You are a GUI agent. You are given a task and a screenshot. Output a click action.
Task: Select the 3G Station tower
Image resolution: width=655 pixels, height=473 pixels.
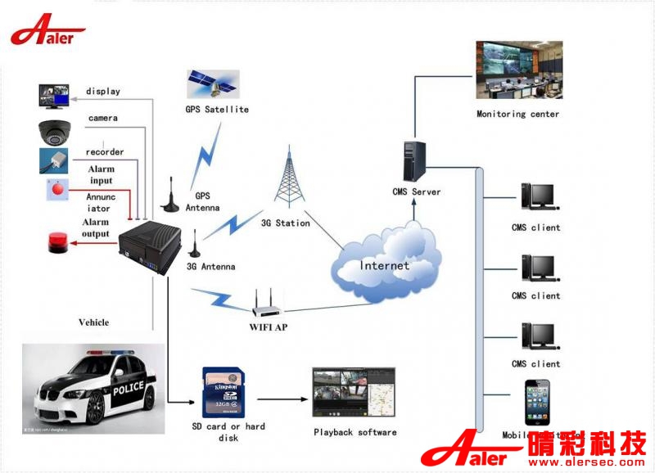coord(287,179)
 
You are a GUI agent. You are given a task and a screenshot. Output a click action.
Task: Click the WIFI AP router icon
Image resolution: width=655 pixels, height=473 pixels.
coord(268,304)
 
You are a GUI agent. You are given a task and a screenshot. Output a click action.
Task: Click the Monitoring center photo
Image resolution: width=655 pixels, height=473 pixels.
coord(518,70)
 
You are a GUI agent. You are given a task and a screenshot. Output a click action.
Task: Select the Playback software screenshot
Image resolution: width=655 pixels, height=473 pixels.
coord(354,394)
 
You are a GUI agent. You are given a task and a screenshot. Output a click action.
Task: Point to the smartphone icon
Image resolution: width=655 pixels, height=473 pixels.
coord(537,403)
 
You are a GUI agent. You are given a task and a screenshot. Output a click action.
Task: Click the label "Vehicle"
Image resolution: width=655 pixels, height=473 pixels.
coord(93,322)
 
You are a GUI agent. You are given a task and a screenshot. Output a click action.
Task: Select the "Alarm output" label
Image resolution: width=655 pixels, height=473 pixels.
coord(96,228)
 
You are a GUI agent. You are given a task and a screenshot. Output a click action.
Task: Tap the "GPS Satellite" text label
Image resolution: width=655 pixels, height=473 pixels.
coord(216,110)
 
